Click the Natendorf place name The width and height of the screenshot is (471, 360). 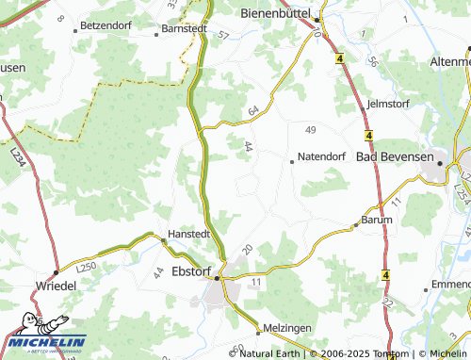322,156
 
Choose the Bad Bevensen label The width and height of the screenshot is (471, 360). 395,156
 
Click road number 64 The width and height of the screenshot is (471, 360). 252,111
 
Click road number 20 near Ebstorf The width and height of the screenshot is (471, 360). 247,249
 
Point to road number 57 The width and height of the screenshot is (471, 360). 223,37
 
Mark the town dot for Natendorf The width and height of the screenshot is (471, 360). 292,162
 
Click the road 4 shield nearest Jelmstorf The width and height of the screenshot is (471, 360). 370,134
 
